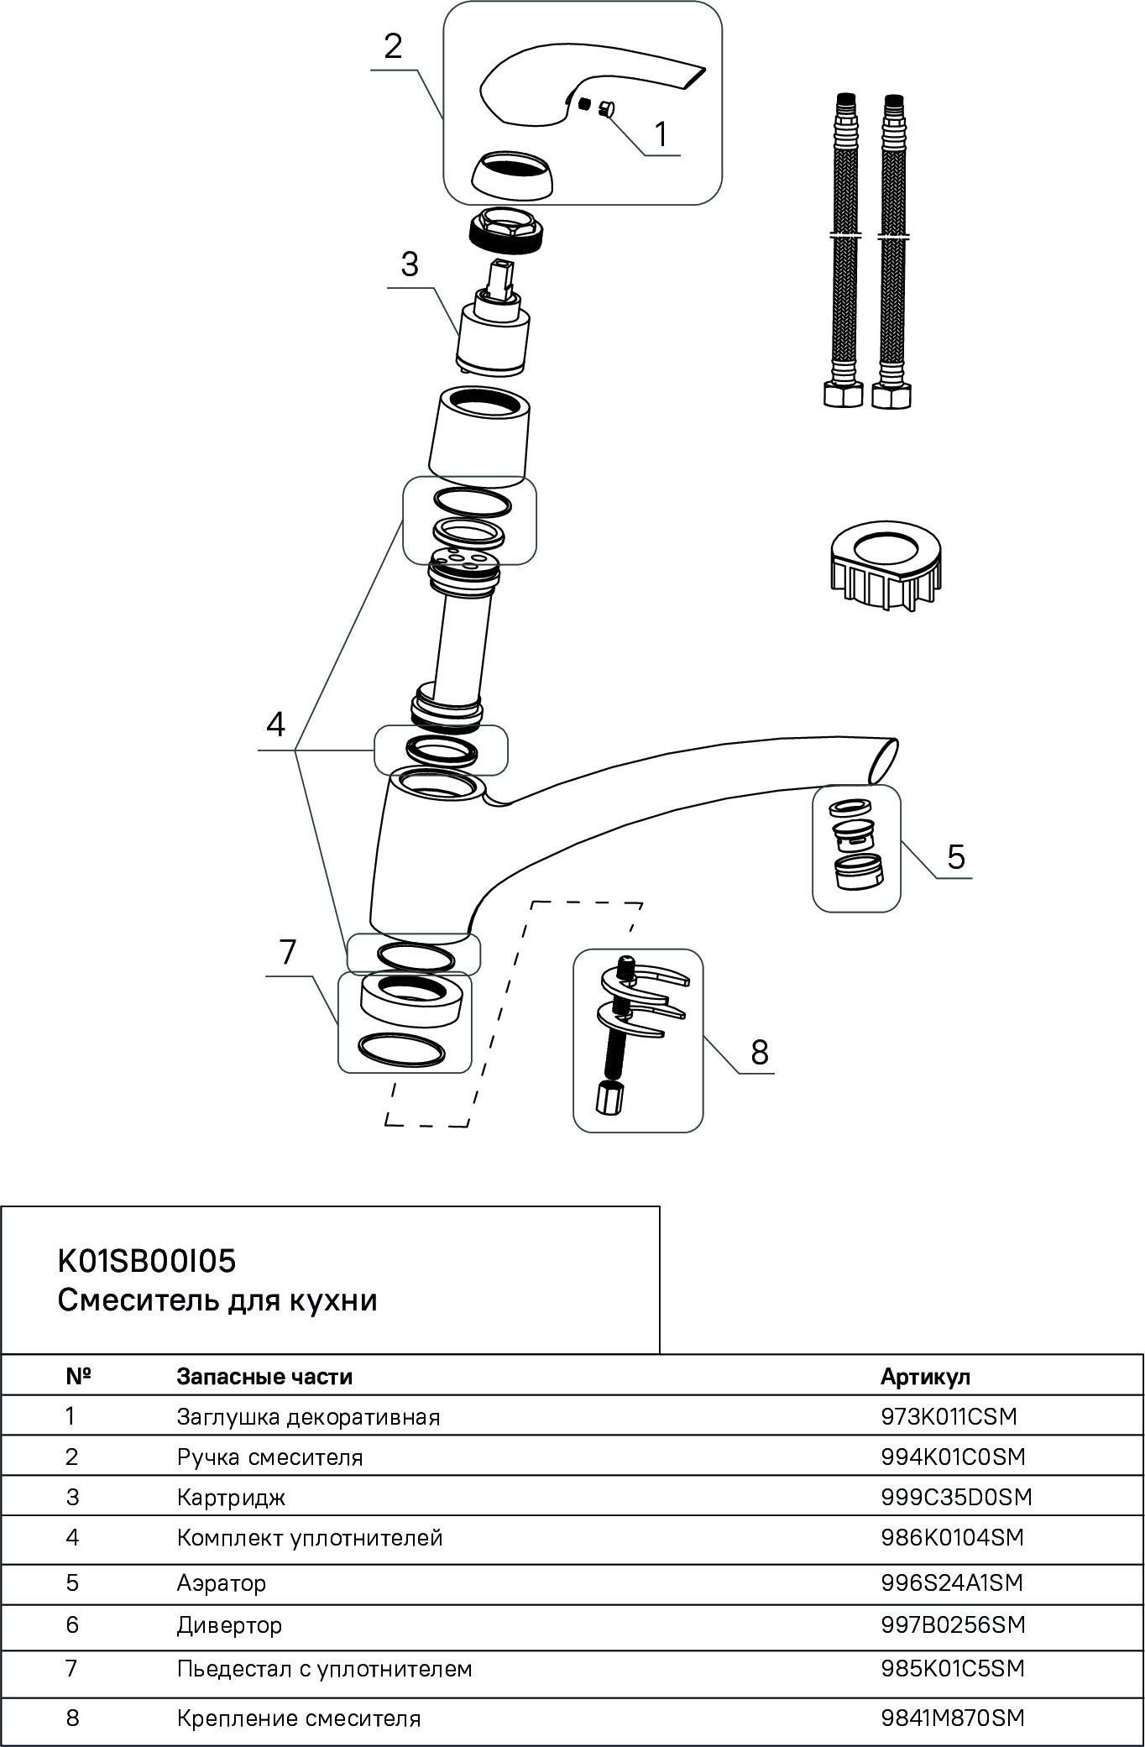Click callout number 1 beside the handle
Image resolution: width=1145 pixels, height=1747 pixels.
point(661,134)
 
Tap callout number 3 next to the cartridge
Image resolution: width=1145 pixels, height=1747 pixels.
point(409,264)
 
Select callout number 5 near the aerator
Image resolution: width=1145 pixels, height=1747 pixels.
point(956,856)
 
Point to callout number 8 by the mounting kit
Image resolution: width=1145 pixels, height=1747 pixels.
point(760,1051)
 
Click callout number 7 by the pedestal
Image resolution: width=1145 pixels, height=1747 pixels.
point(287,953)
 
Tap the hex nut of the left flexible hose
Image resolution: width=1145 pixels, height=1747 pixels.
point(843,394)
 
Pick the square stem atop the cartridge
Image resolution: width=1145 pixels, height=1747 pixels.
point(501,276)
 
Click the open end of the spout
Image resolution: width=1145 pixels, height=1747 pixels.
point(882,760)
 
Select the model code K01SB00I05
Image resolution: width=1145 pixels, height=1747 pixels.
point(147,1261)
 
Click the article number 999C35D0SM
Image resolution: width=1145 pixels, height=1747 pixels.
point(956,1497)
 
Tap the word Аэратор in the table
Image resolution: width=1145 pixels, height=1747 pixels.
point(222,1583)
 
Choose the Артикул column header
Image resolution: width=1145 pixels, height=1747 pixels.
point(925,1377)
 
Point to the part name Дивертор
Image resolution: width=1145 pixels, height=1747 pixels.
point(229,1625)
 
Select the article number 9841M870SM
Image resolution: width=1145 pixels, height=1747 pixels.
point(953,1718)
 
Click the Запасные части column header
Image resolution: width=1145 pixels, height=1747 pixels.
point(264,1377)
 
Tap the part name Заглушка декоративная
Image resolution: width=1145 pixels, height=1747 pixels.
point(308,1417)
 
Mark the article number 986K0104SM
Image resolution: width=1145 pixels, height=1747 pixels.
point(952,1538)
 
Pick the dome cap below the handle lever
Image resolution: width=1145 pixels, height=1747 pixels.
point(511,174)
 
